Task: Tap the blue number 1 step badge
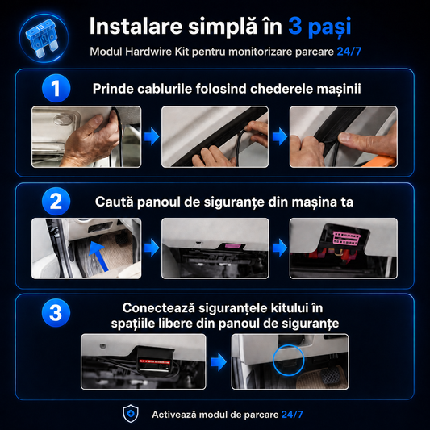56,88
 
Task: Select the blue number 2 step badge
56,202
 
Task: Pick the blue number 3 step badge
56,313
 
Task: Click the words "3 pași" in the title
319,27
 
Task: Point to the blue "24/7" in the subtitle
349,52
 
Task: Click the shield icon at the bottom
131,414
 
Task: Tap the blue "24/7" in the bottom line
292,415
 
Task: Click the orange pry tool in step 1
380,162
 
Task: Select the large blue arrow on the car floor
98,256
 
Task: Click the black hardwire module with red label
154,360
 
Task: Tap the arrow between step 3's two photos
219,361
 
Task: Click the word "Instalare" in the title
136,27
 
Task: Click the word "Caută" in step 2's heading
115,202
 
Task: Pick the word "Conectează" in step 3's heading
158,308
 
